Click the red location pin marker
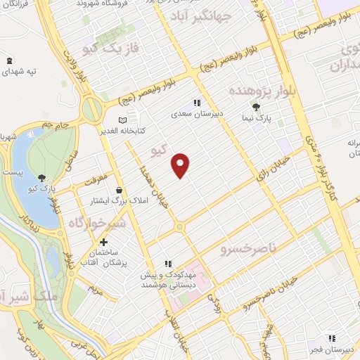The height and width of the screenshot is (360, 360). pyautogui.click(x=181, y=166)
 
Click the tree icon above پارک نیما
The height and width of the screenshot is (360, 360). pyautogui.click(x=257, y=107)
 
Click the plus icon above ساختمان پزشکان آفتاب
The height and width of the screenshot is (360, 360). pyautogui.click(x=104, y=242)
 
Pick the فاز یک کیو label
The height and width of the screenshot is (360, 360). pyautogui.click(x=101, y=49)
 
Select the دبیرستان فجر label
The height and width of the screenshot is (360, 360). pyautogui.click(x=334, y=349)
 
